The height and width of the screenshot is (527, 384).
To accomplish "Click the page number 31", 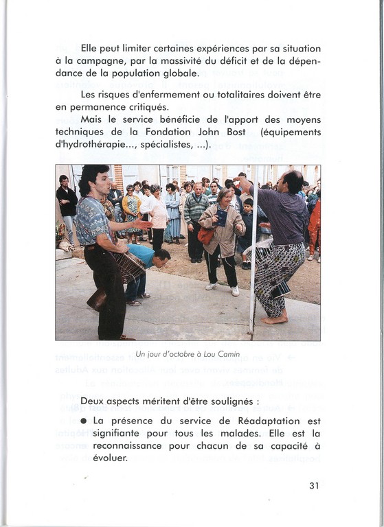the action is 314,485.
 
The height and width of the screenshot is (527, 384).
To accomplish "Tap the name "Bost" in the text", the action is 236,132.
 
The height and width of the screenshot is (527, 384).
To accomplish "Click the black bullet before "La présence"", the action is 84,421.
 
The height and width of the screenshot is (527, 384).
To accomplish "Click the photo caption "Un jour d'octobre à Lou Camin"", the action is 188,354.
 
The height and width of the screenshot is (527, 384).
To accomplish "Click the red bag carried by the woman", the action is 205,235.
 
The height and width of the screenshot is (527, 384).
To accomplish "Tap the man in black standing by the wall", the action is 67,209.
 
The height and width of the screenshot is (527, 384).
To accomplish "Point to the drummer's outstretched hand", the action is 143,224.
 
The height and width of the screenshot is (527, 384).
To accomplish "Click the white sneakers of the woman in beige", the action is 223,289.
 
